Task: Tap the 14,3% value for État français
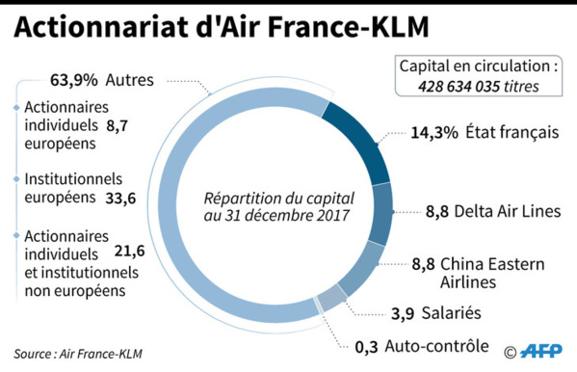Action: coord(433,133)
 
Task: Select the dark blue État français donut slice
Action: coord(360,139)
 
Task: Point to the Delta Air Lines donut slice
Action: coord(381,213)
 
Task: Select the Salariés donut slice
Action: coord(329,300)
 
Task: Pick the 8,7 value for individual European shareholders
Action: coord(119,125)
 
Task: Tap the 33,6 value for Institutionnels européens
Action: coord(119,199)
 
